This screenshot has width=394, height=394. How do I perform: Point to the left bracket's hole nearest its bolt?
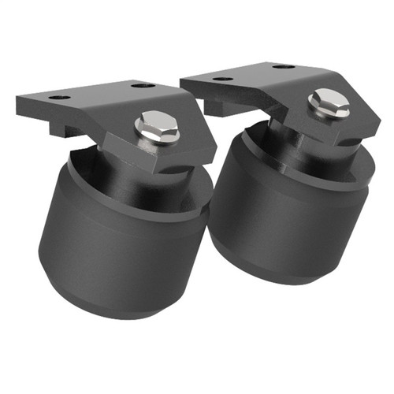pyautogui.click(x=142, y=85)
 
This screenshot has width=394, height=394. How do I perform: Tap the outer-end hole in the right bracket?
pyautogui.click(x=223, y=79)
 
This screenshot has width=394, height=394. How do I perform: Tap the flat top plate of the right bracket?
pyautogui.click(x=252, y=79)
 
